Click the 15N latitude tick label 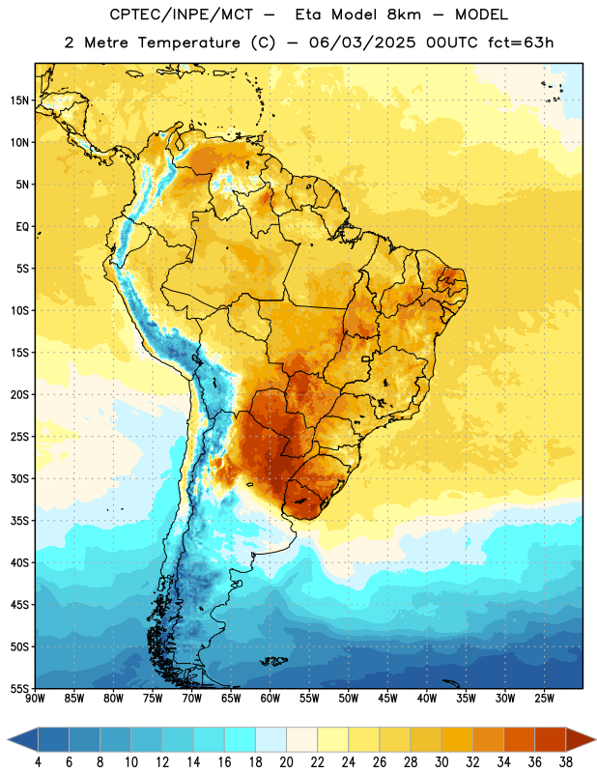pos(19,100)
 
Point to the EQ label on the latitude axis pos(22,227)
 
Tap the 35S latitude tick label pos(19,521)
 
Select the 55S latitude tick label pos(19,688)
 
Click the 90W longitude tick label pos(35,699)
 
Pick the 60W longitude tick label pos(270,699)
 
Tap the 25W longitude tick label pos(544,699)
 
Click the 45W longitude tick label pos(387,699)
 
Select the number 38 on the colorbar pos(566,762)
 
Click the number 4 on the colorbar pos(38,762)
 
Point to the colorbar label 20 pos(286,762)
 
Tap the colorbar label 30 pos(441,762)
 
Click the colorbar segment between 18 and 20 pos(270,740)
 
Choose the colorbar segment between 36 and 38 pos(551,740)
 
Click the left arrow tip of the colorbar pos(8,740)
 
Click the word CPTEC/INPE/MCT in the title pos(182,15)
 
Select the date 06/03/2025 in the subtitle pos(362,43)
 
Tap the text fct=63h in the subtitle pos(521,43)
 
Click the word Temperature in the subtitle pos(188,43)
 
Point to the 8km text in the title pos(404,14)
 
